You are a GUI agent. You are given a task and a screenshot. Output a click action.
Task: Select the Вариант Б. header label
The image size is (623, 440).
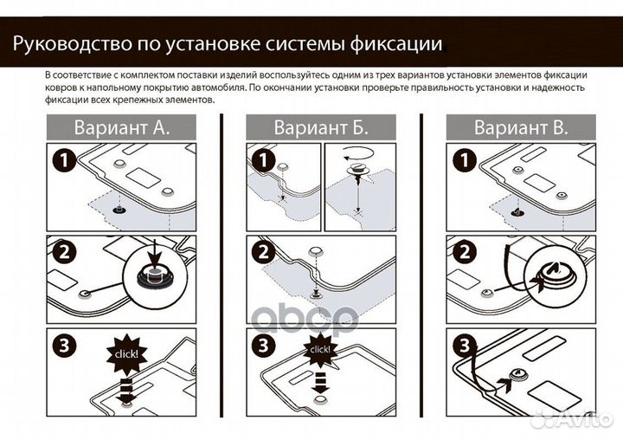(x=321, y=127)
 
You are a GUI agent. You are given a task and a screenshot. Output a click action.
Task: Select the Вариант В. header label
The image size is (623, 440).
(x=521, y=127)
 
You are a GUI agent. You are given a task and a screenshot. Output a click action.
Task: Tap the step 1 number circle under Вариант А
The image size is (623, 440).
(x=61, y=160)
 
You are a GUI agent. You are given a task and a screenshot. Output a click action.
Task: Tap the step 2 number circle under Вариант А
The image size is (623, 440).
(x=61, y=253)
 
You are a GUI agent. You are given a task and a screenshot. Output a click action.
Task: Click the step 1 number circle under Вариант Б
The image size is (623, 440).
(x=263, y=160)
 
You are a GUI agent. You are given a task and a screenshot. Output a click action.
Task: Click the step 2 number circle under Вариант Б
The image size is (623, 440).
(x=263, y=253)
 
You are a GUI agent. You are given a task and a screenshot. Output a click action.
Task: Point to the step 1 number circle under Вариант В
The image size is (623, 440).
(x=463, y=160)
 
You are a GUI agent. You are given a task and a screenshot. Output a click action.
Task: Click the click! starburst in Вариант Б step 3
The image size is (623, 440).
(x=319, y=350)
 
